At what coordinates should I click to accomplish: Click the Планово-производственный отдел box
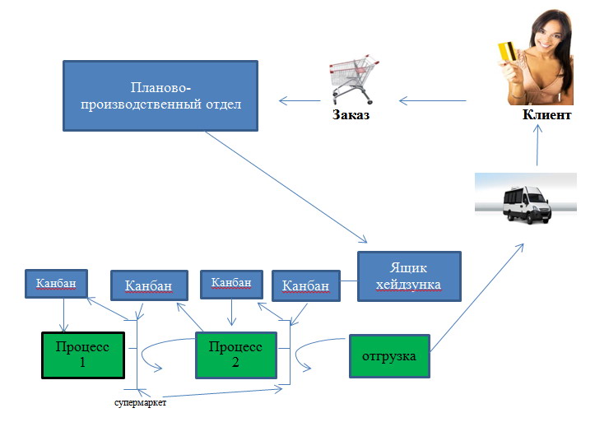coord(160,96)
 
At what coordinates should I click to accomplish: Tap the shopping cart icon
coord(354,81)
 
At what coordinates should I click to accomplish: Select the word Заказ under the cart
coord(351,114)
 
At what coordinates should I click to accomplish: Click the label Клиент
coord(546,114)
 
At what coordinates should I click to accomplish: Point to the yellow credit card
coord(507,52)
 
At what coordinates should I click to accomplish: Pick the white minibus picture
coord(526,199)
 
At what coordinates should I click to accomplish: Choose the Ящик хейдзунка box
coord(409,276)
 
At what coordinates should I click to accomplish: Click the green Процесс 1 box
coord(83,355)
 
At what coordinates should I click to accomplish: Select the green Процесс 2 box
coord(235,355)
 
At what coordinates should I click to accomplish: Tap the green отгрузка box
coord(389,356)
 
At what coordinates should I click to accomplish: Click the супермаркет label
coord(140,402)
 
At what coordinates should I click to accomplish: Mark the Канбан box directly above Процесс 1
coord(56,284)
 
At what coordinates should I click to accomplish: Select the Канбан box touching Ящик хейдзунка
coord(306,286)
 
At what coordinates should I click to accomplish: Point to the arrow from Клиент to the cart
coord(433,101)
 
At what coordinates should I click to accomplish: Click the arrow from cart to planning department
coord(300,101)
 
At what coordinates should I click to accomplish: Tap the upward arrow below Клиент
coord(537,146)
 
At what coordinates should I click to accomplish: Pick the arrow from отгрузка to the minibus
coord(477,298)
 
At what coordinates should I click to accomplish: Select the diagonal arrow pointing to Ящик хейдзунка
coord(286,187)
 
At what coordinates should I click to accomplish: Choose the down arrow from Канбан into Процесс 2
coord(231,312)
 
